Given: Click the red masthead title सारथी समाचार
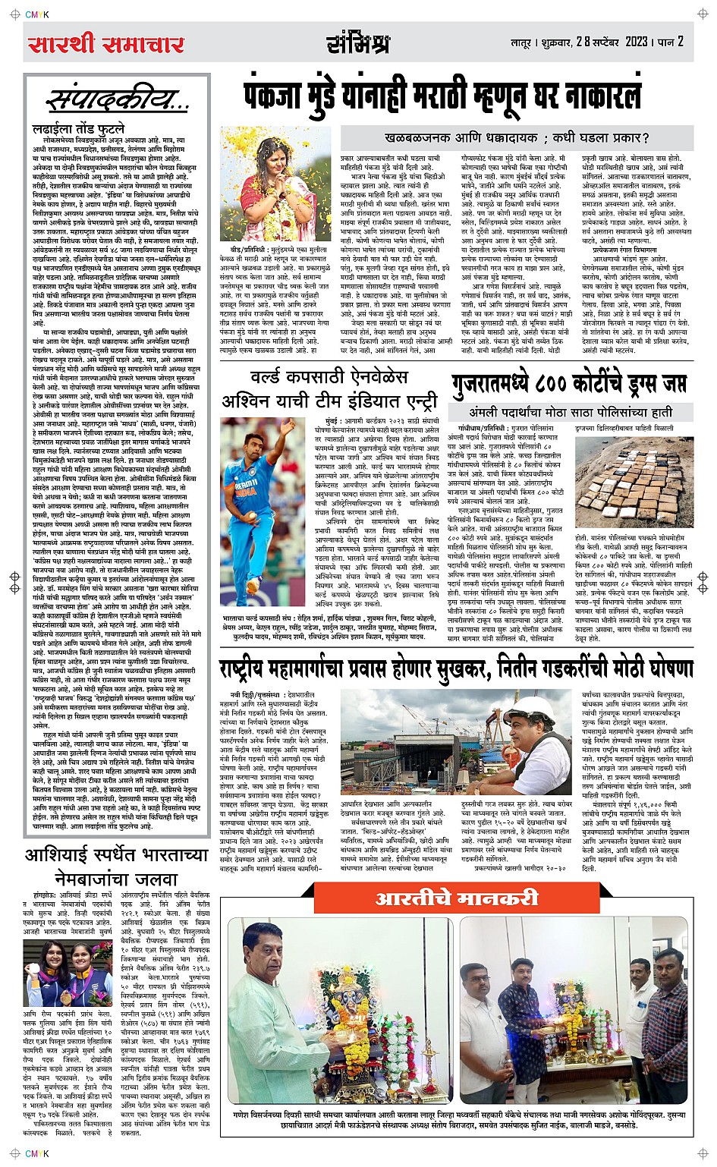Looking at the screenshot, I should pyautogui.click(x=105, y=44).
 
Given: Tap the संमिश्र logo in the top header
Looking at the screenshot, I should pyautogui.click(x=358, y=44).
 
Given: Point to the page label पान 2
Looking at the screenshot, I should pyautogui.click(x=671, y=42).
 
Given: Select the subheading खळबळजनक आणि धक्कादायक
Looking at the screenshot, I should pyautogui.click(x=470, y=139).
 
